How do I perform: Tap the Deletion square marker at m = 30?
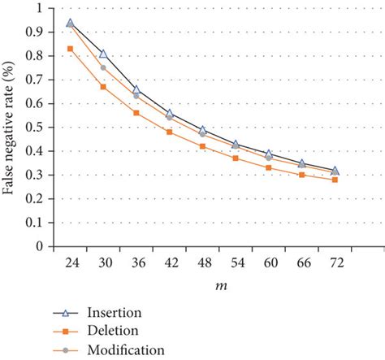103,87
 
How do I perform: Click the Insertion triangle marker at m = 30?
103,54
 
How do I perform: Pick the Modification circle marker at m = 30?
103,67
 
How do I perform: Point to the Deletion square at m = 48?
202,146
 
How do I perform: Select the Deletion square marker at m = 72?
335,180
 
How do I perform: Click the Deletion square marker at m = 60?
268,167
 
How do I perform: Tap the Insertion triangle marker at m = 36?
136,89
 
